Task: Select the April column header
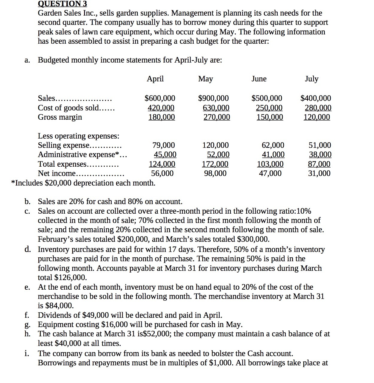[155, 79]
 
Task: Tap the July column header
[311, 79]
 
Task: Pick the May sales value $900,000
[213, 98]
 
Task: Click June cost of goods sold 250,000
[269, 108]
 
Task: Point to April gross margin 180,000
[162, 117]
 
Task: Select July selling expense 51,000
[320, 145]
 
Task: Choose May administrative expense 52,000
[218, 154]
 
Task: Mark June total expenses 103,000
[270, 164]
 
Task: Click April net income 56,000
[162, 173]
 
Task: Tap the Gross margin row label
[60, 117]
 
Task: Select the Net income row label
[57, 173]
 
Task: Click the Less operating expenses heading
[78, 136]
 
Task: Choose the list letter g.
[27, 325]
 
